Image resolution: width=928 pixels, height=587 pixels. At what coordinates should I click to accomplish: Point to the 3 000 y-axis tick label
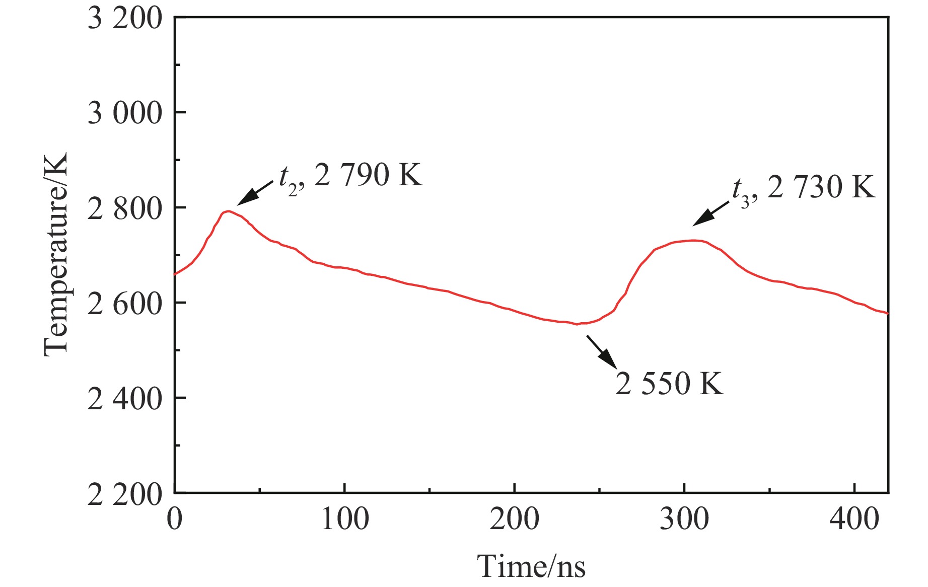(125, 113)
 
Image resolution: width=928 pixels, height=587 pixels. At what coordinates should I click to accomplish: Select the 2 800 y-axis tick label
(125, 208)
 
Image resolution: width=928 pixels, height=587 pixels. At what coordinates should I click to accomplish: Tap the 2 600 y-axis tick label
(125, 304)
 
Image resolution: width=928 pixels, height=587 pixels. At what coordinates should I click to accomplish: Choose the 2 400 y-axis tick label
(125, 399)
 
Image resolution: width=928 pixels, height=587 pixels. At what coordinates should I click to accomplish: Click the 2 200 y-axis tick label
(125, 494)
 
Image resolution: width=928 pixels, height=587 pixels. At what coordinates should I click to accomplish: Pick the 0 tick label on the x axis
(175, 519)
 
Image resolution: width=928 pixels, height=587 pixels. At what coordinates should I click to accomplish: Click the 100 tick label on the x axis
(345, 519)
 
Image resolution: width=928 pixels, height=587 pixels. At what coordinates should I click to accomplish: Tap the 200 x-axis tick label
(515, 519)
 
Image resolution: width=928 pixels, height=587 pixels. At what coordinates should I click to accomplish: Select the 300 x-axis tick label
(684, 519)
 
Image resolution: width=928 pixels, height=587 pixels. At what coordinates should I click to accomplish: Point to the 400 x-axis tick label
(854, 519)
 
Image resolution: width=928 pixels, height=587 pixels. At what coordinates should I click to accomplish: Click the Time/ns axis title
(531, 566)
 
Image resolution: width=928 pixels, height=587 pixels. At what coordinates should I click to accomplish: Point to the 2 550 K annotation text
(669, 384)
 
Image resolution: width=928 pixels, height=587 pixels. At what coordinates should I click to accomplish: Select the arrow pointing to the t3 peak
(710, 213)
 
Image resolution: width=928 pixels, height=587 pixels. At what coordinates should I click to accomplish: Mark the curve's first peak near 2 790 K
(228, 211)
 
